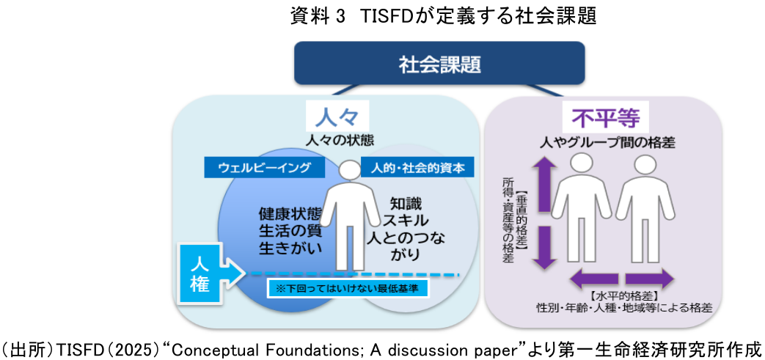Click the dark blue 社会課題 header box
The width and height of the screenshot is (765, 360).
click(439, 65)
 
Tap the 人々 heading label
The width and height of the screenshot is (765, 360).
click(340, 118)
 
